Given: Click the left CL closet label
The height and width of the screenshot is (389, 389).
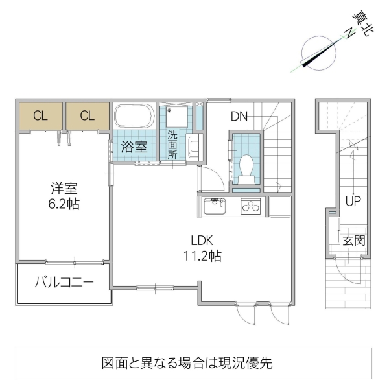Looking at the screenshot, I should click(x=40, y=117).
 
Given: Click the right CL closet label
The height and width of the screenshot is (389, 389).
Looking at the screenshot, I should click(x=88, y=117).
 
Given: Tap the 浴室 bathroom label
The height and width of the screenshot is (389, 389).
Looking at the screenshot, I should click(x=135, y=147).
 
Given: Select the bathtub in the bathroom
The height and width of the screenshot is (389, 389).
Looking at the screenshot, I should click(x=134, y=118).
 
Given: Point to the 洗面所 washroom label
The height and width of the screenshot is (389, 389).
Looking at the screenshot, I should click(x=172, y=146).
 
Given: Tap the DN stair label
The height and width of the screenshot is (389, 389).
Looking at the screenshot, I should click(x=239, y=117).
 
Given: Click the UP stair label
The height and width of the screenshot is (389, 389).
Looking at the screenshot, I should click(x=353, y=201).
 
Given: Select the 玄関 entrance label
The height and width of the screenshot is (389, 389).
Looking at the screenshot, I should click(x=354, y=241).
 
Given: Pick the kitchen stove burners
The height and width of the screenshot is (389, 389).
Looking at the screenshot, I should click(x=250, y=207).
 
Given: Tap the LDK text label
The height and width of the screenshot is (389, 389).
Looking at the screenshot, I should click(x=202, y=238).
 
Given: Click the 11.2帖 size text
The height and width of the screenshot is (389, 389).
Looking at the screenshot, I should click(x=202, y=255).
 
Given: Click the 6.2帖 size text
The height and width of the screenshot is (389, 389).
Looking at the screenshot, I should click(x=64, y=204).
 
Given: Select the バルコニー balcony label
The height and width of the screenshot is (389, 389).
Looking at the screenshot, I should click(x=64, y=283).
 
